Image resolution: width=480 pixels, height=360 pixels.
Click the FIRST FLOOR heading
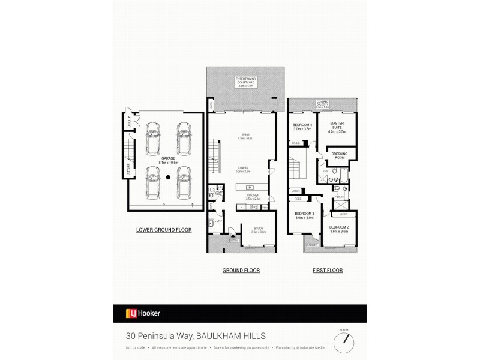[327, 271]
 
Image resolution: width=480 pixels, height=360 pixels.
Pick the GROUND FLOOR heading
[241, 271]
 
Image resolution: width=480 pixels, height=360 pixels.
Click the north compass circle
[344, 343]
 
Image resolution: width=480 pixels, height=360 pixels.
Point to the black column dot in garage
[169, 177]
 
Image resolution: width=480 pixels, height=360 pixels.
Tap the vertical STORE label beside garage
[128, 170]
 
